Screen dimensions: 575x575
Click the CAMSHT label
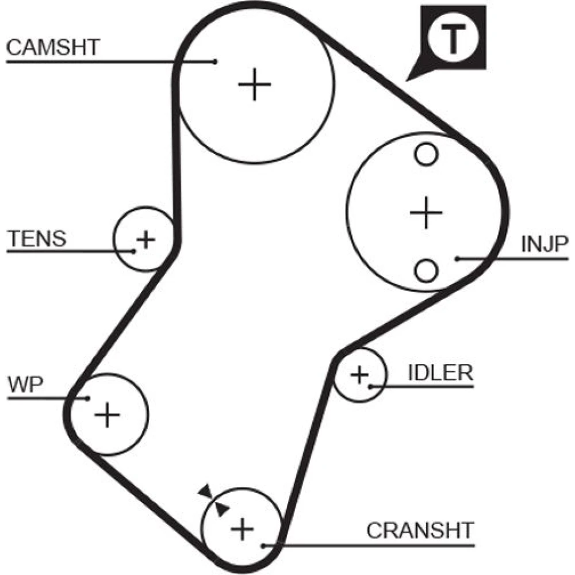[x=53, y=47]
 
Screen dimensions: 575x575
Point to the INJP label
[x=544, y=245]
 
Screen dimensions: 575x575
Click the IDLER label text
[x=440, y=373]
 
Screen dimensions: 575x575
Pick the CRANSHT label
[x=420, y=530]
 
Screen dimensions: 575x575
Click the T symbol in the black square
[x=454, y=39]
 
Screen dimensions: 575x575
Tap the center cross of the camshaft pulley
[x=254, y=85]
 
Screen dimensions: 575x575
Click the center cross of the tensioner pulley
[x=146, y=239]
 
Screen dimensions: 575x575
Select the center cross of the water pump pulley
[x=107, y=414]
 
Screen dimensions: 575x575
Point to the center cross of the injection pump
[x=426, y=213]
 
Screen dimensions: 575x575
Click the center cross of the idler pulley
[x=359, y=375]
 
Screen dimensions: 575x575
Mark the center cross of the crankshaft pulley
[x=242, y=527]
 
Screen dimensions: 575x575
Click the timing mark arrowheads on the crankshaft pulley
[x=213, y=499]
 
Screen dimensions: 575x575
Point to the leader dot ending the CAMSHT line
[x=215, y=61]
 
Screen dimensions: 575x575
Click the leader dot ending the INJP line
[x=458, y=259]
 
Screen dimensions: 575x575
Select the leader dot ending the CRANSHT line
[x=262, y=545]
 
